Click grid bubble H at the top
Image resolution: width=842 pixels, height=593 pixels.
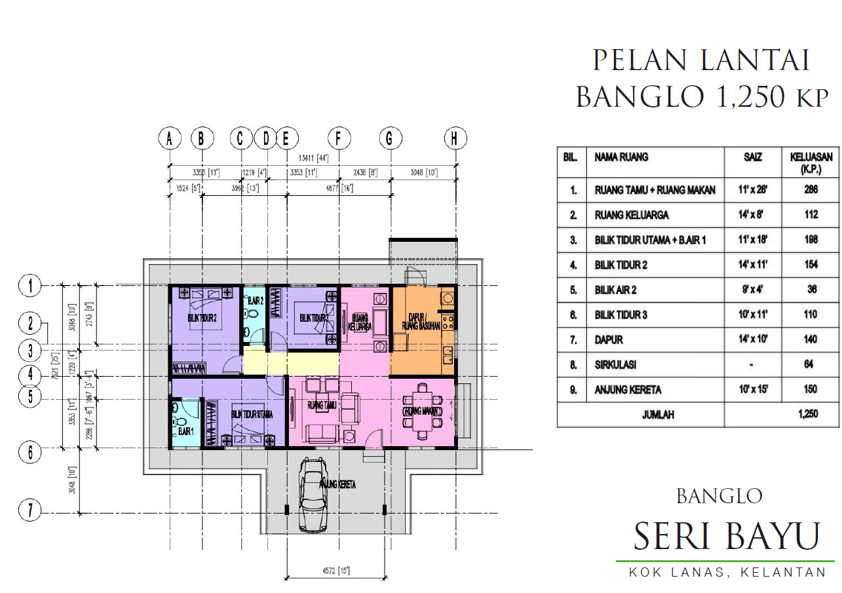click(455, 138)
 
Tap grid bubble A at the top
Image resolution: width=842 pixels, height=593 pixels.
click(170, 138)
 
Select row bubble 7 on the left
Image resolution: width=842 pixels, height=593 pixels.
click(29, 510)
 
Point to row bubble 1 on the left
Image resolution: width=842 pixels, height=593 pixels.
click(29, 285)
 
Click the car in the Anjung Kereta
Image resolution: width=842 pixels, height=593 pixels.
click(313, 494)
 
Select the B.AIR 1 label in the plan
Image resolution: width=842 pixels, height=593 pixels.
click(185, 432)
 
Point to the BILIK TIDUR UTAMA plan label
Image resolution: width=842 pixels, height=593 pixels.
click(252, 415)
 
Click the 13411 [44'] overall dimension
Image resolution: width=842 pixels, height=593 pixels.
click(313, 158)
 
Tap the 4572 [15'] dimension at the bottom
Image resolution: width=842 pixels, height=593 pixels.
click(335, 571)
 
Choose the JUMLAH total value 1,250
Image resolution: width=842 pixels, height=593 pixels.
click(809, 414)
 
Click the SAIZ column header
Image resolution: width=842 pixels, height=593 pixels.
click(753, 157)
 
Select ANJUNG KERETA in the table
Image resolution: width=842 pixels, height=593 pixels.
click(628, 389)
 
